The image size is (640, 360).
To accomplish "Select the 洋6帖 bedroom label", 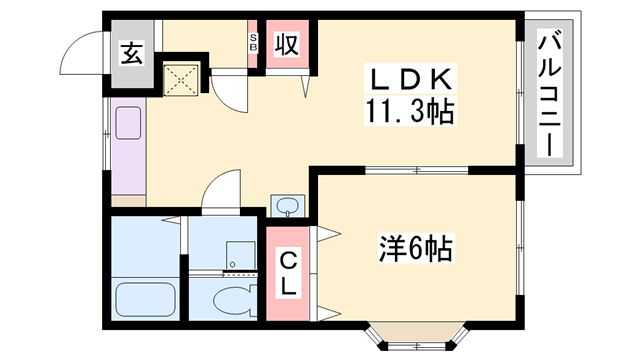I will click(415, 246).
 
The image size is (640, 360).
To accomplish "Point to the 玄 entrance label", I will click(133, 53).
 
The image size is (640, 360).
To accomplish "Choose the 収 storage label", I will click(286, 46).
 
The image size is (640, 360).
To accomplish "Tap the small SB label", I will click(253, 46).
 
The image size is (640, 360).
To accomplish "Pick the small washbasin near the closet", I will click(288, 207).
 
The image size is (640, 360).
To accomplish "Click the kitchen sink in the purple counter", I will click(131, 123).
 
